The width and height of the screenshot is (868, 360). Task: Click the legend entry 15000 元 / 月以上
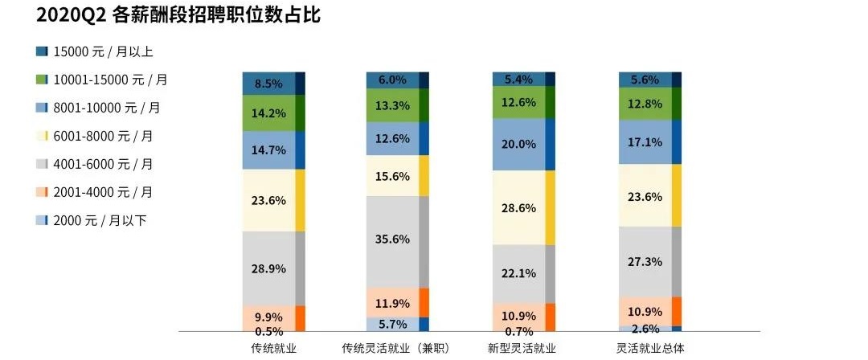103,52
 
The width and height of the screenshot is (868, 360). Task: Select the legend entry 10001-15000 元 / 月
110,80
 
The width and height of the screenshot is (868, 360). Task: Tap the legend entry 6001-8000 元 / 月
103,137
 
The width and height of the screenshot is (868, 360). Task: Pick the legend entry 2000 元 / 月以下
100,220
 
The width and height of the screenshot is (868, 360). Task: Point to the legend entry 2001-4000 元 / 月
103,192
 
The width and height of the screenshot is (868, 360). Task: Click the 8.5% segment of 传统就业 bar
268,83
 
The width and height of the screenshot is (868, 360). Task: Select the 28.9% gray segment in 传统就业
268,268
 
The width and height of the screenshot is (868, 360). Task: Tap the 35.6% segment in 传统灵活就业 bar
392,240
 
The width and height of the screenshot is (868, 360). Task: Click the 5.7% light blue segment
392,324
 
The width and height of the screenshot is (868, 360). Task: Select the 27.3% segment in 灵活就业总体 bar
645,262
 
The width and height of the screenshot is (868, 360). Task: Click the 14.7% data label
269,149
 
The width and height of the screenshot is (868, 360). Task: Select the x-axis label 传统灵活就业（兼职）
395,348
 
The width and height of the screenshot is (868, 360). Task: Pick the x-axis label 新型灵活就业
522,348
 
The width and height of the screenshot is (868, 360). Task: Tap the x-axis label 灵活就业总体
649,348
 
